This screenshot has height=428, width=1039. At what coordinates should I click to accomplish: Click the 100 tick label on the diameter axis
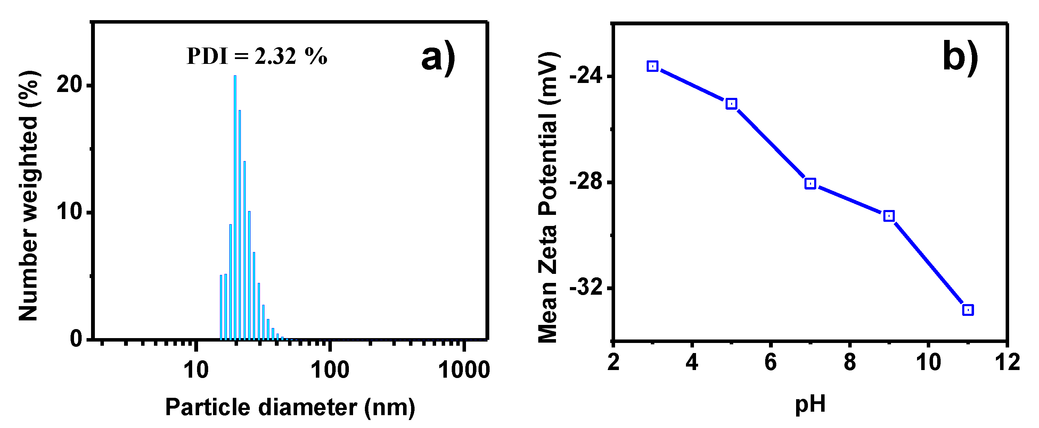tap(330, 370)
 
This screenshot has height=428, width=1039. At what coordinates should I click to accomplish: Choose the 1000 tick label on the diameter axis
tap(464, 370)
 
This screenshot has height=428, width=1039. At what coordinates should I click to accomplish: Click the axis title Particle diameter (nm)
tap(290, 407)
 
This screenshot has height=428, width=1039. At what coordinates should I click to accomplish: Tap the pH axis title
tap(810, 404)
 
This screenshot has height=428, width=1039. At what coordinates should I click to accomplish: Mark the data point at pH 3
tap(653, 66)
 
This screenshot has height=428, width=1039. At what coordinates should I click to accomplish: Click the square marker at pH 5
tap(731, 104)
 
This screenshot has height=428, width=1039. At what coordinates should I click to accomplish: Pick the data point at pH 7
tap(810, 184)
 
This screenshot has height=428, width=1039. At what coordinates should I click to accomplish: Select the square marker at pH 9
tap(889, 216)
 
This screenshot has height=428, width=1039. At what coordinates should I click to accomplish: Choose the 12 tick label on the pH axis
tap(1007, 362)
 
